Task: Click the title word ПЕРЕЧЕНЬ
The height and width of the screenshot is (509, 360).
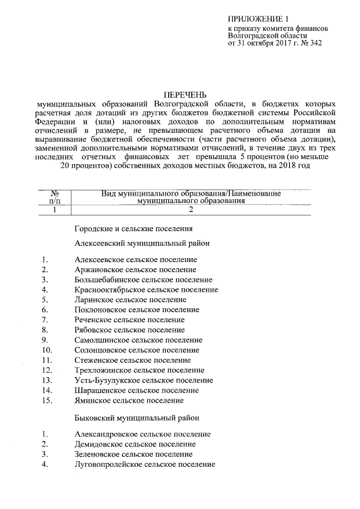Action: [x=184, y=94]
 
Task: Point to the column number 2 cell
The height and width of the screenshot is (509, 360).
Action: [x=191, y=210]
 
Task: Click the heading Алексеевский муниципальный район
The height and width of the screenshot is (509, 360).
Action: [x=142, y=244]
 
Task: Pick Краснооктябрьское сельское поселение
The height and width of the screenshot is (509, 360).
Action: [x=146, y=290]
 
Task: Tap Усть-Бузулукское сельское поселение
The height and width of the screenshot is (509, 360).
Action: [x=143, y=380]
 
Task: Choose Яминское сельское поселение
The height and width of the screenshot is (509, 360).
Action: [x=129, y=400]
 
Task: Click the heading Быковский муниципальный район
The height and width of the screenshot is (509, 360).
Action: [x=136, y=418]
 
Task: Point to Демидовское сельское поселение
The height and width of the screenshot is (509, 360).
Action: [x=134, y=444]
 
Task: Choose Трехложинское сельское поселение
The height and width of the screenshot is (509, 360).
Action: [x=139, y=370]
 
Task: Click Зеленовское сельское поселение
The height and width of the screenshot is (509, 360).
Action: [x=133, y=454]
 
